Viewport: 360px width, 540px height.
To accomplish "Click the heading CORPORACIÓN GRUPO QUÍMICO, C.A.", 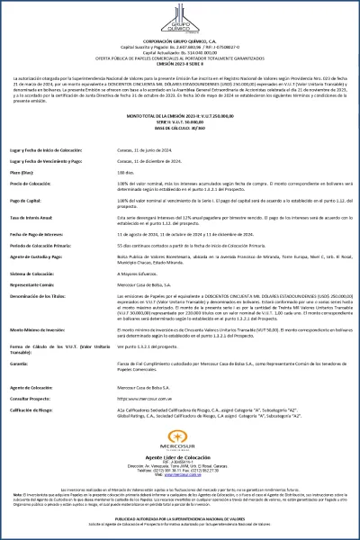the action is pos(180,41).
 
